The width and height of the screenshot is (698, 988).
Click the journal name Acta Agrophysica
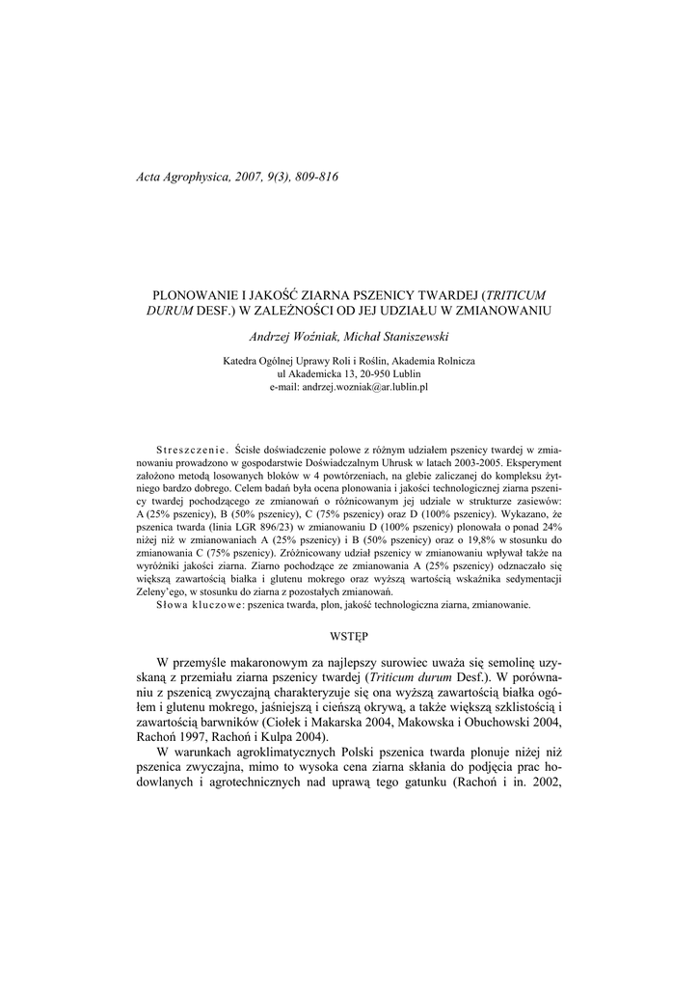tap(184, 178)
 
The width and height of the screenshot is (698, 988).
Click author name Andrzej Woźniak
tap(290, 336)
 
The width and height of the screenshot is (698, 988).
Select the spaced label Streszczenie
tap(190, 452)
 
